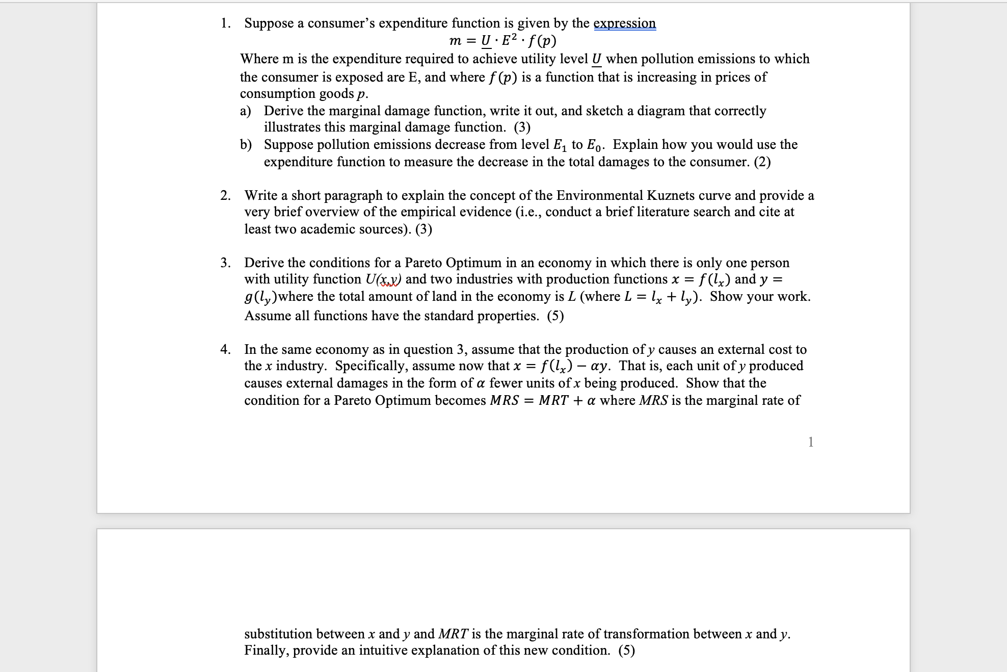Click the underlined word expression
coord(625,23)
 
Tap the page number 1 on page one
coord(811,442)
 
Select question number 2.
coord(225,196)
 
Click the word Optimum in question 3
coord(473,263)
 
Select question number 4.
coord(225,350)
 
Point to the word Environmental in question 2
coord(600,196)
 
